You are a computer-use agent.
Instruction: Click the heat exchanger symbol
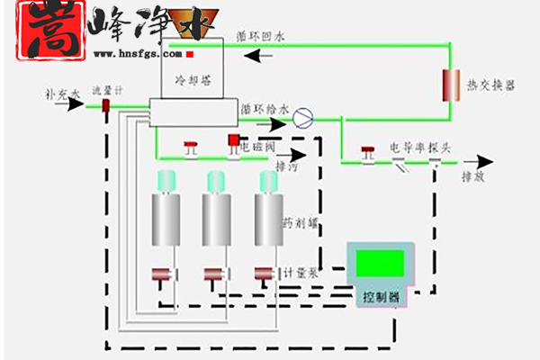tap(447, 84)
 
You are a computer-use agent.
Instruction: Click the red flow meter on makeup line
tap(105, 106)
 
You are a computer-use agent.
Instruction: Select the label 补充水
tap(62, 93)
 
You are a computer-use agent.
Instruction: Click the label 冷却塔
tap(192, 78)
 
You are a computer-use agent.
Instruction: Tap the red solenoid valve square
tap(234, 139)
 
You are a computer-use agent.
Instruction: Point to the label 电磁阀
tap(256, 144)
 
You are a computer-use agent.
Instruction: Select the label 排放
tap(473, 177)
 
